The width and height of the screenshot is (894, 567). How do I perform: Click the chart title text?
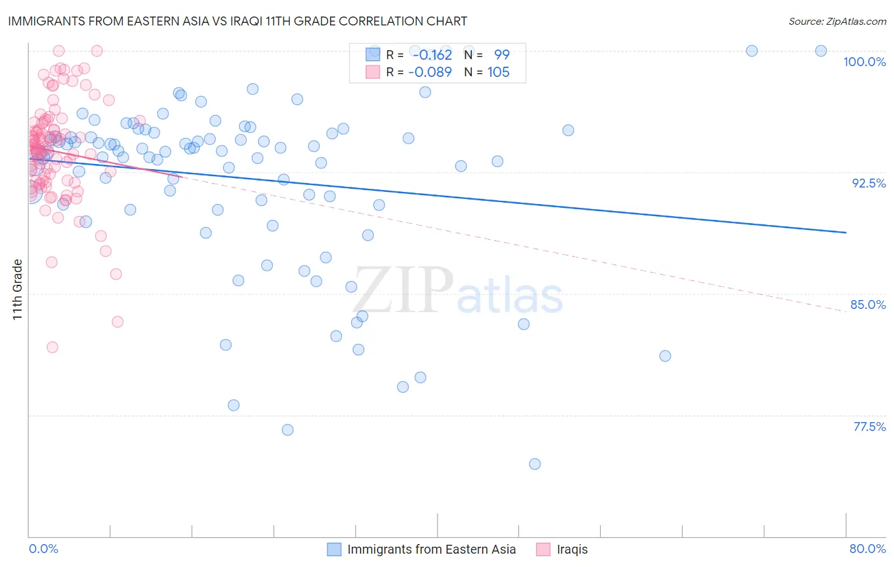coord(237,21)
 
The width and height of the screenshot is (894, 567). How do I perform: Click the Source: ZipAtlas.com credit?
coord(837,21)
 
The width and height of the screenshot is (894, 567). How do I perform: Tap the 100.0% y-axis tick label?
coord(864,62)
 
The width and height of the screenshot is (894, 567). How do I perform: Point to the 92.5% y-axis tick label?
coord(869,183)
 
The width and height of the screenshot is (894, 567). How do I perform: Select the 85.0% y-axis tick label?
coord(868,304)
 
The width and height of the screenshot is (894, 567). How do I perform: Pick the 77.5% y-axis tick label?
coord(869,427)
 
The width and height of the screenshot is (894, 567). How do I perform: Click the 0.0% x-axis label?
coord(43,549)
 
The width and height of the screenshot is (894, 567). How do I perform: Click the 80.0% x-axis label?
coord(867,549)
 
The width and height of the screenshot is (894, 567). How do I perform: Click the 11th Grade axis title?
coord(18,289)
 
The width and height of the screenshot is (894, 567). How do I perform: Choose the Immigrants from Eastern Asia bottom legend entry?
coord(431,549)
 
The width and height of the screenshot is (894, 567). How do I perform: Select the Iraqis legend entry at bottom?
coord(572,549)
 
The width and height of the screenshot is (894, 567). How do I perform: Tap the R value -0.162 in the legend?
coord(432,55)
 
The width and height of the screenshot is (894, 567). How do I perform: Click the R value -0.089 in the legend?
coord(430,72)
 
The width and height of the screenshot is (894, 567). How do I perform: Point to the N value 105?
coord(499,72)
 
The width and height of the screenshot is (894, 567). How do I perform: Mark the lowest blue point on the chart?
coord(535,464)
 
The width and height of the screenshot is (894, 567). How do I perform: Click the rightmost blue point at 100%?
coord(821,51)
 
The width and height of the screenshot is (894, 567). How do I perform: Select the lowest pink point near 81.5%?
coord(52,347)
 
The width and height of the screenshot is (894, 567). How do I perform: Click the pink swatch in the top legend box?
coord(373,72)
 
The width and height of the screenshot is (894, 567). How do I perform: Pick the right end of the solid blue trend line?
coord(846,233)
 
